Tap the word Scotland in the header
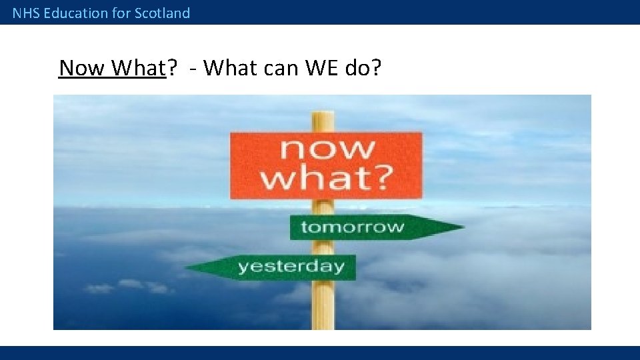point(162,13)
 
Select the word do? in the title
point(363,67)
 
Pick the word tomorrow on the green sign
point(352,227)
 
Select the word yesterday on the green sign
point(291,267)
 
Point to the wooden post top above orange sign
point(324,120)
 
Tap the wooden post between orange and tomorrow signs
point(324,207)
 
